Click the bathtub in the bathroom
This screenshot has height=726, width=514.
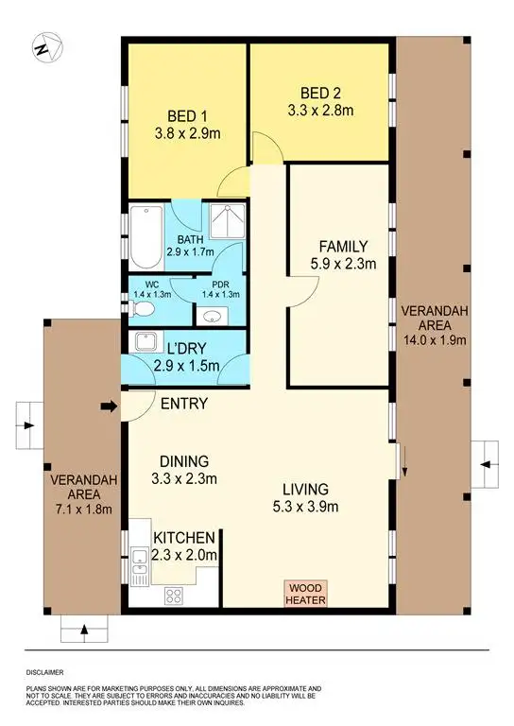tap(146, 236)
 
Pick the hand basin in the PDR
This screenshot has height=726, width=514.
tap(214, 316)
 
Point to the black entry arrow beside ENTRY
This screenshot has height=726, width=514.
tap(109, 407)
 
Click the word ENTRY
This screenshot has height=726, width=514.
tap(183, 405)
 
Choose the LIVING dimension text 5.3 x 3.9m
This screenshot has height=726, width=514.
tap(304, 507)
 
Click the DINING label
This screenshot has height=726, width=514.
tap(184, 461)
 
